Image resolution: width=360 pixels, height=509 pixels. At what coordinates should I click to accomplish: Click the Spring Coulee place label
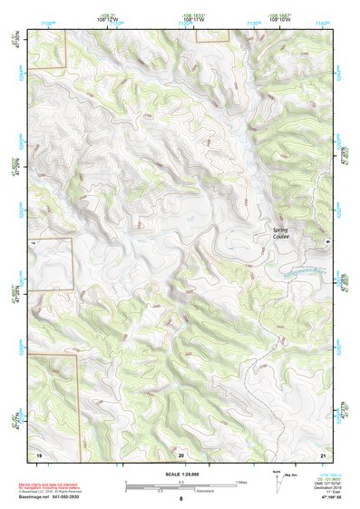click(287, 232)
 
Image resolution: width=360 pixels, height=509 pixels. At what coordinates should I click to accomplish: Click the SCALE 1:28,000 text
click(180, 475)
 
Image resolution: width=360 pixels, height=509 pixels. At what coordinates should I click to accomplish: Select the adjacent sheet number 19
click(38, 453)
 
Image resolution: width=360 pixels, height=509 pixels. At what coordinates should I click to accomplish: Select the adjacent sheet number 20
click(181, 453)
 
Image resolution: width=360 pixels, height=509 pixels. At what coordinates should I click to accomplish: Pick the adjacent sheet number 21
click(324, 453)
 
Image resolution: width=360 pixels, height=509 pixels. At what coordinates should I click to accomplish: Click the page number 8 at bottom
click(180, 499)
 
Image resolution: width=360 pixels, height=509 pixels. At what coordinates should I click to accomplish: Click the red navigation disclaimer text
click(55, 486)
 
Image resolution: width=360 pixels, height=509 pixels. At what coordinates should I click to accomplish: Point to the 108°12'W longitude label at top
click(106, 17)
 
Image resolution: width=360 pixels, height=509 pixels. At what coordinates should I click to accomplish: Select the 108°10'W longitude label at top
click(279, 17)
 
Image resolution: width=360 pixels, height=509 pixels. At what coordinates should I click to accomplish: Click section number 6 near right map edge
click(327, 243)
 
